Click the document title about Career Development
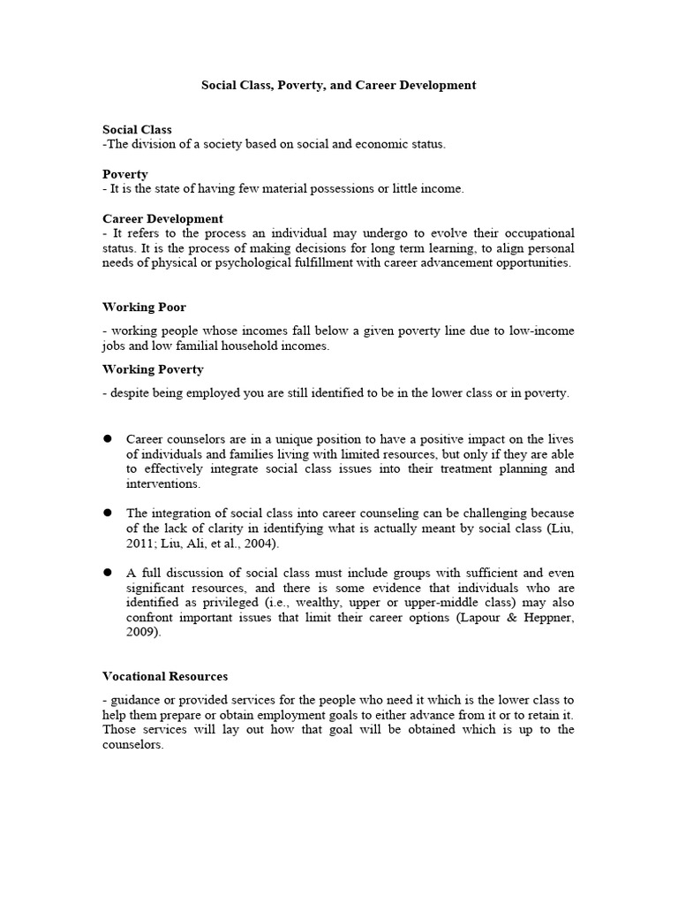(x=338, y=86)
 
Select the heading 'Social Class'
(x=137, y=130)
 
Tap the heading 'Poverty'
(x=125, y=174)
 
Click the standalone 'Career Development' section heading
(x=162, y=218)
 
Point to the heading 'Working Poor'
(x=144, y=308)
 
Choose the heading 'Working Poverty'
(x=153, y=369)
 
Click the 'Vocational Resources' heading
(x=165, y=676)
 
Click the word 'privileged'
(x=218, y=603)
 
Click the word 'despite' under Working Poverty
(x=129, y=393)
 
